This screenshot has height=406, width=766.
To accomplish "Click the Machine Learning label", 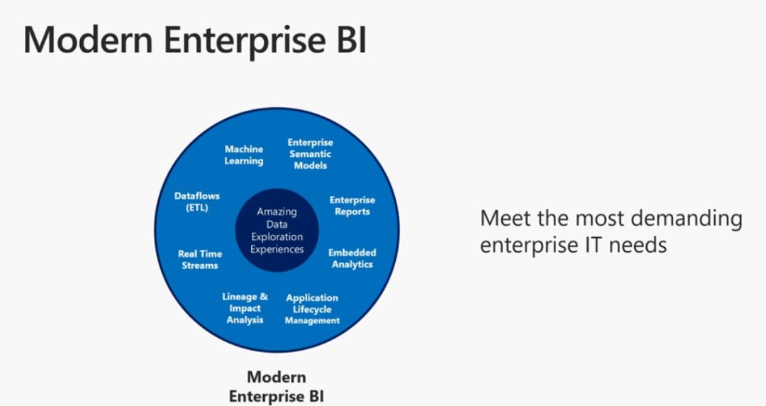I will click(244, 155).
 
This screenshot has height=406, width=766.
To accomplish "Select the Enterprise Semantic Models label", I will click(310, 154).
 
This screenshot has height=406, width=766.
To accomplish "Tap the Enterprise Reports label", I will click(352, 206).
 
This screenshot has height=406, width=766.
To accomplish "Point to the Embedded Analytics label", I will click(352, 258).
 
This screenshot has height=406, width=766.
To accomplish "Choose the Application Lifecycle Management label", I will click(312, 309).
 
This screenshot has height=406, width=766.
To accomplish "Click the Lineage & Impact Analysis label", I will click(245, 308).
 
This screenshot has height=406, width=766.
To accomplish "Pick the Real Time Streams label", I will click(200, 259).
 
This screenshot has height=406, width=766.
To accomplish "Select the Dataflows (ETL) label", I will click(197, 202).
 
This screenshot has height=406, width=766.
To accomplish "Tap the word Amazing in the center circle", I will click(277, 212).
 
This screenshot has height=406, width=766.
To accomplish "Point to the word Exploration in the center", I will click(277, 237).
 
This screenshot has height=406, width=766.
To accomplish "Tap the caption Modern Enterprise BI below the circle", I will click(277, 386).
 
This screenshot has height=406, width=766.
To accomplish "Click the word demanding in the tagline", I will click(679, 218).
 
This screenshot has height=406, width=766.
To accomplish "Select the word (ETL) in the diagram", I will click(197, 208).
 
